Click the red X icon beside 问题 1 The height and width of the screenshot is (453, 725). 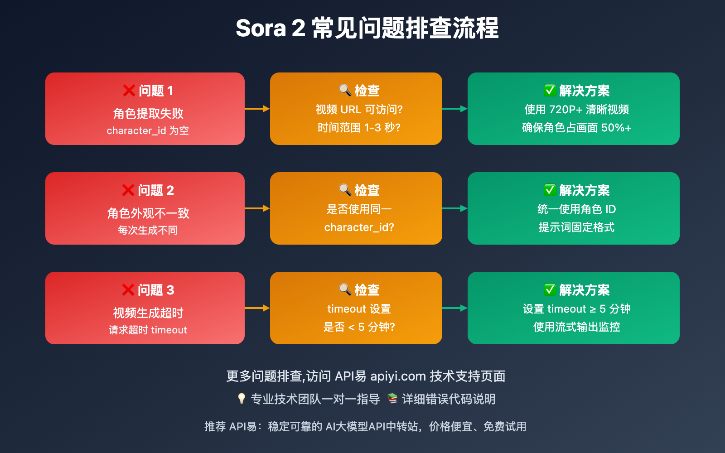tap(129, 91)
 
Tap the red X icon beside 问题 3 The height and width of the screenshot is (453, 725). tap(128, 290)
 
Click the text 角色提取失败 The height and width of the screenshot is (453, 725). tap(148, 113)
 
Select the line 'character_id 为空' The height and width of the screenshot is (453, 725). tap(148, 130)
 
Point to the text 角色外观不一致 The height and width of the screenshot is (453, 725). tap(148, 213)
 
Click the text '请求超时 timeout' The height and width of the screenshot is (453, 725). tap(148, 330)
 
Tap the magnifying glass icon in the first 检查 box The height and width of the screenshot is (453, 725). tap(345, 90)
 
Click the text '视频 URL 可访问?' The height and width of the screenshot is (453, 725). tap(359, 109)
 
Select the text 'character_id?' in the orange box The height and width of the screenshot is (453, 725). tap(359, 227)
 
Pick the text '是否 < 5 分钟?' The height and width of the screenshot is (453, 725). tap(359, 327)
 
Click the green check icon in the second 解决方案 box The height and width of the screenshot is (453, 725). tap(550, 190)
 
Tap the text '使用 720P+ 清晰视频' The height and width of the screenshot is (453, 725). tap(576, 109)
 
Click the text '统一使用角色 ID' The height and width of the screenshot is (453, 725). tap(576, 209)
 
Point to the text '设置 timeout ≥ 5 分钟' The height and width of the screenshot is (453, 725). tap(576, 308)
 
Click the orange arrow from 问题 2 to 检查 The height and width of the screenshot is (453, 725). tap(257, 208)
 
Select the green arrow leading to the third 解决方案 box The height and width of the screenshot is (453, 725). tap(454, 308)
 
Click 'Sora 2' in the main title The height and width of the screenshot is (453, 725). tap(270, 28)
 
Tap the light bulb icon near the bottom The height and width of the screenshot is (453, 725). tap(242, 399)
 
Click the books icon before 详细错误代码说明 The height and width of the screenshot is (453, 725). tap(392, 399)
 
